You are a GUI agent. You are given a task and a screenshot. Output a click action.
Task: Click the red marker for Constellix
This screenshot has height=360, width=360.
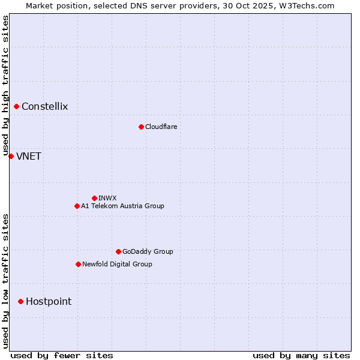click(x=17, y=107)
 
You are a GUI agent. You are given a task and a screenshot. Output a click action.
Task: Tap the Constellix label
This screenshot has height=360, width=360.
click(x=45, y=107)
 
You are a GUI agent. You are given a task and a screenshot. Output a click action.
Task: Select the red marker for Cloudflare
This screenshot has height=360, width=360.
click(x=141, y=127)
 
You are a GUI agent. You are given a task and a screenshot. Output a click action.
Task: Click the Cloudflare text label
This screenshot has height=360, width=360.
click(x=161, y=127)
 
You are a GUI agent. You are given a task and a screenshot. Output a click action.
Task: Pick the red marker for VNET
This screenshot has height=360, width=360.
click(x=11, y=156)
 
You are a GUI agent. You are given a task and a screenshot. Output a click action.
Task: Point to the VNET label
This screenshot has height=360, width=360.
click(x=29, y=157)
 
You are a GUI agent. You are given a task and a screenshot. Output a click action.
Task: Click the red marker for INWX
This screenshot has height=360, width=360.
click(x=94, y=198)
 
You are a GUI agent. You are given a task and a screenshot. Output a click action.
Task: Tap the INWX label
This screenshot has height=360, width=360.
click(x=108, y=198)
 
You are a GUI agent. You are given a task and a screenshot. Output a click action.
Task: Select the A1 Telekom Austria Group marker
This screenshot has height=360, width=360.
click(x=77, y=206)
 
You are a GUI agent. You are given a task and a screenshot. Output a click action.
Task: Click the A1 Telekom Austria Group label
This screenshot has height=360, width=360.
click(x=122, y=206)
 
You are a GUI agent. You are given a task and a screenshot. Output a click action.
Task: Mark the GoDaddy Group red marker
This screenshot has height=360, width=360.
click(x=118, y=251)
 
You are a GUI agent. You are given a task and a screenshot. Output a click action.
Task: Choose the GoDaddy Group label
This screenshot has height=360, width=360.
click(x=148, y=251)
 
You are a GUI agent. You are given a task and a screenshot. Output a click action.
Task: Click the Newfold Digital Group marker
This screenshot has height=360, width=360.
click(x=78, y=264)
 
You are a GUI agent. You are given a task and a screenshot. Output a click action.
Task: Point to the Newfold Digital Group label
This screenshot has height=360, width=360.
click(x=117, y=264)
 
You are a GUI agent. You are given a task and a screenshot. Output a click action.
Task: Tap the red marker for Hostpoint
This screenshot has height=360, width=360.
click(x=20, y=301)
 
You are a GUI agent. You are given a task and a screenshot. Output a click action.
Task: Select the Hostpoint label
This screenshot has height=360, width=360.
click(x=49, y=302)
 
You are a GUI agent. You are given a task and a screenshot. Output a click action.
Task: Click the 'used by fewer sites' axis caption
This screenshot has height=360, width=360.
click(x=62, y=355)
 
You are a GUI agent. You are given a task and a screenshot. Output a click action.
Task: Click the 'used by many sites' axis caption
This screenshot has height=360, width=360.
click(x=301, y=355)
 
